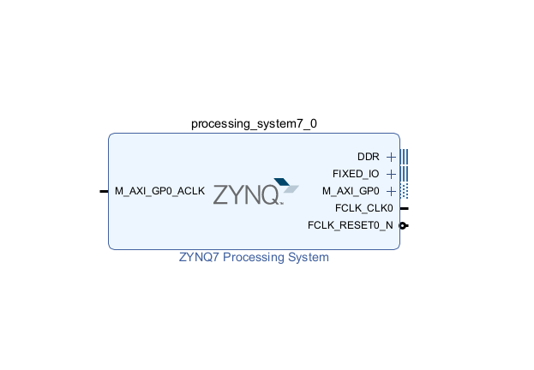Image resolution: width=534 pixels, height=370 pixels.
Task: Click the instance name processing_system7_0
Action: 254,123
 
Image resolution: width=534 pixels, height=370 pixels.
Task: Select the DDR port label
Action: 369,157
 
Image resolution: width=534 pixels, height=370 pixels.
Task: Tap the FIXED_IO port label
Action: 356,174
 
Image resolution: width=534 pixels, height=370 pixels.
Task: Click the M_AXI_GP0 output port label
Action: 351,191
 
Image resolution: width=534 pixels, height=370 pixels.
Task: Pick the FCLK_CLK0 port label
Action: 363,208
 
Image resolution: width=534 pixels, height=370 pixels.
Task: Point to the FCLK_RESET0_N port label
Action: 350,225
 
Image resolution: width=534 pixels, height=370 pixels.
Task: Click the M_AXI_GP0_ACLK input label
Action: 159,191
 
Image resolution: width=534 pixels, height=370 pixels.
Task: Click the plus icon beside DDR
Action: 391,157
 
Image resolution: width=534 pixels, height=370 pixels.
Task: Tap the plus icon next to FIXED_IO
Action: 391,174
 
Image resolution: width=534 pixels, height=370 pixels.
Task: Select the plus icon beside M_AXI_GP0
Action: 391,191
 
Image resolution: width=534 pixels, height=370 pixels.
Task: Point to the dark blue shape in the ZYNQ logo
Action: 282,182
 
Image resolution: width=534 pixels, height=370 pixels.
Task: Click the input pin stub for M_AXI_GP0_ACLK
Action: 104,191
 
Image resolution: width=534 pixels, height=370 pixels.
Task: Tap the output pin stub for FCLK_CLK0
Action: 405,208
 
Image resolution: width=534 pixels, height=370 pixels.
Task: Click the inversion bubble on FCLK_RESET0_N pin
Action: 403,225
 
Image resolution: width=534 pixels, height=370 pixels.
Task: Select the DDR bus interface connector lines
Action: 405,157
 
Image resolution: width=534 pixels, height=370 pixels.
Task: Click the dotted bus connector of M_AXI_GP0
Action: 405,191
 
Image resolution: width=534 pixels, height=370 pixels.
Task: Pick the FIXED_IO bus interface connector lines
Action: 405,174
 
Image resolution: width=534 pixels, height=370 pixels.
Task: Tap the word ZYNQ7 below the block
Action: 199,257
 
